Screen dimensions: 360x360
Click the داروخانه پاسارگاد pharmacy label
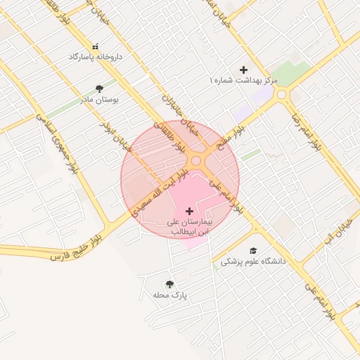[x=96, y=56]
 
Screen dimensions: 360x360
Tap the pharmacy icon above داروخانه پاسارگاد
[x=96, y=46]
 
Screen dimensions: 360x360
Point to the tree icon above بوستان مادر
[x=99, y=89]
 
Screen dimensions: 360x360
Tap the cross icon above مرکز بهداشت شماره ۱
[x=244, y=70]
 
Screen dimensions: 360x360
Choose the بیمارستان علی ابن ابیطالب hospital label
[x=189, y=226]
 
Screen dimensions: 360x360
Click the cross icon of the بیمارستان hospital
[x=189, y=211]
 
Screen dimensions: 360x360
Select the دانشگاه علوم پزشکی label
[x=254, y=261]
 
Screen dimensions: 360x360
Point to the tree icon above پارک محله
[x=169, y=284]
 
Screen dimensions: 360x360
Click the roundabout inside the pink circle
[x=197, y=162]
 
